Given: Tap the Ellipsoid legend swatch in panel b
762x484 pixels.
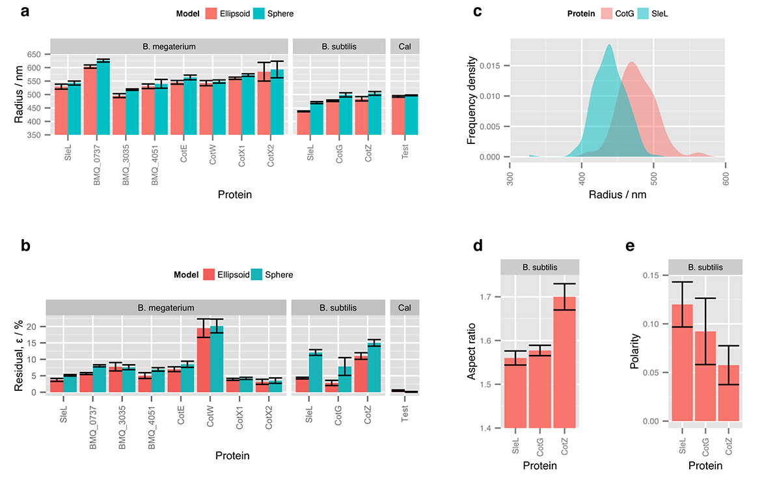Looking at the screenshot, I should [210, 274].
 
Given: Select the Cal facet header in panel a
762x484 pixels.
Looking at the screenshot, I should [405, 46].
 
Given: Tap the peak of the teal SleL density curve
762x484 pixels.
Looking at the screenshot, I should [609, 45].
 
